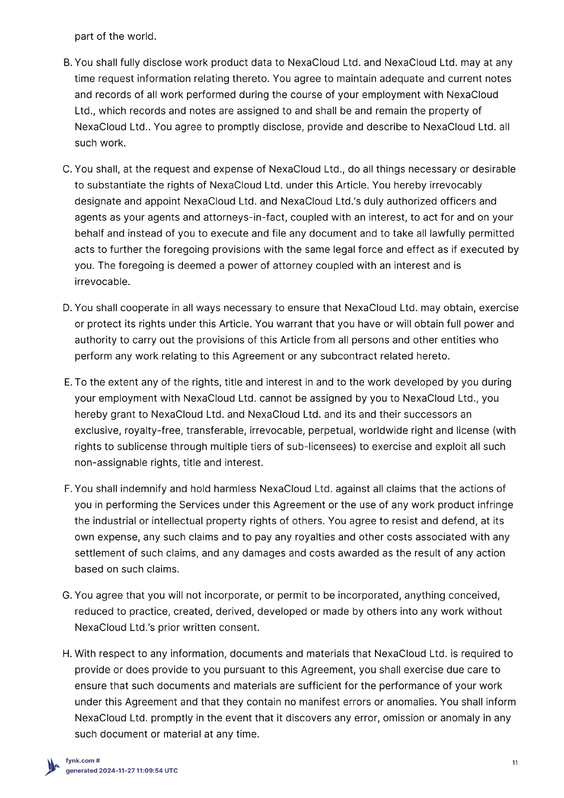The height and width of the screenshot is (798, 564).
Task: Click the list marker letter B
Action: pos(67,63)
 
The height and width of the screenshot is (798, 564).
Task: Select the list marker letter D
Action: pos(67,308)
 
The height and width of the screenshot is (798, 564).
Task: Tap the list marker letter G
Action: pos(67,596)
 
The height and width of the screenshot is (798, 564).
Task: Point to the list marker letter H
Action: pos(67,654)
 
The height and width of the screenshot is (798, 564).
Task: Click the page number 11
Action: pos(515,763)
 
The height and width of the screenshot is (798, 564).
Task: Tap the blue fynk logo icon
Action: pos(52,767)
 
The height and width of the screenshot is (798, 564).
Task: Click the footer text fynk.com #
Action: pos(83,761)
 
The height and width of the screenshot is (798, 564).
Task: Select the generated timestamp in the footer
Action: pos(122,771)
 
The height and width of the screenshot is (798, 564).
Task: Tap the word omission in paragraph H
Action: pos(411,718)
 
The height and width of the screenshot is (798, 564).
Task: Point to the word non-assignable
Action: pos(111,463)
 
